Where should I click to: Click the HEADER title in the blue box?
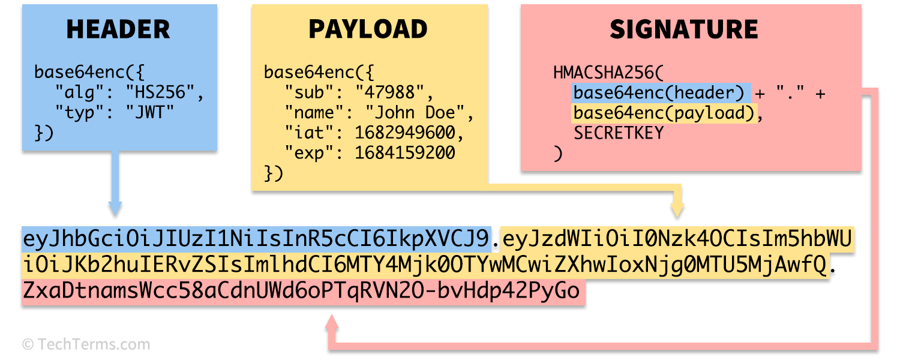point(118,29)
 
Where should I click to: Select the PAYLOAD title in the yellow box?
point(368,29)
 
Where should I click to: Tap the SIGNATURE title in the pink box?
point(684,29)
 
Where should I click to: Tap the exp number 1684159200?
point(405,153)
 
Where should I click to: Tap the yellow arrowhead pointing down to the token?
point(677,209)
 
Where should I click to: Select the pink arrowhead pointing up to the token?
point(332,325)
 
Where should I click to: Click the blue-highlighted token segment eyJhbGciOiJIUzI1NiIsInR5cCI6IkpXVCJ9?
point(257,239)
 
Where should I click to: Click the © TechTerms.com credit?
point(86,344)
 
